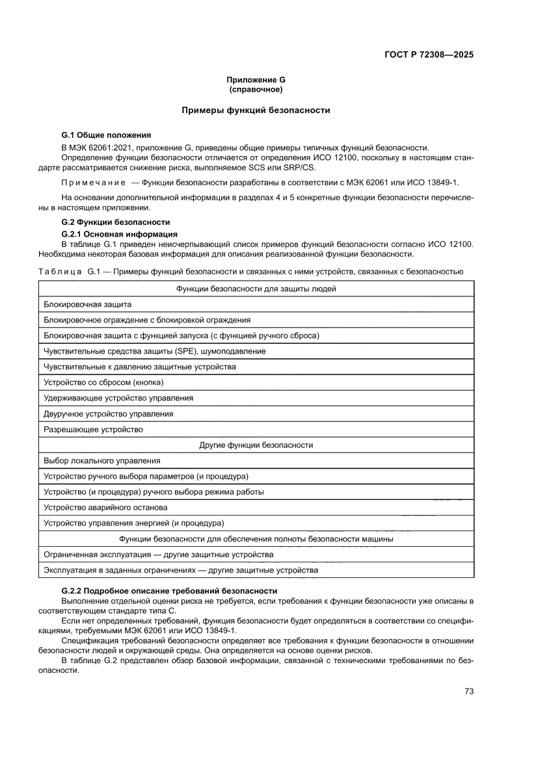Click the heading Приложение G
coord(256,80)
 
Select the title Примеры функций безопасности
coord(256,111)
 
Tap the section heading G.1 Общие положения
coord(106,135)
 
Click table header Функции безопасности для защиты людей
coord(256,289)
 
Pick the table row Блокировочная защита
coord(88,304)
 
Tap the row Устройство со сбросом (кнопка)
coord(103,382)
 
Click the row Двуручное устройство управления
coord(108,413)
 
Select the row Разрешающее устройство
coord(93,430)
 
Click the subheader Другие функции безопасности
coord(256,445)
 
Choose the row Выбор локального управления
coord(101,461)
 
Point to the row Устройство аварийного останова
coord(105,508)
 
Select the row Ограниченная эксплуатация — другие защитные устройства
coord(158,555)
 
